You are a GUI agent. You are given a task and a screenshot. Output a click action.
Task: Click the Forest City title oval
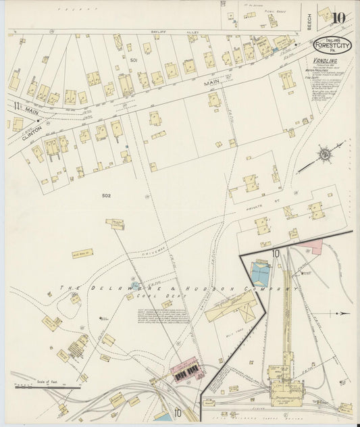332,44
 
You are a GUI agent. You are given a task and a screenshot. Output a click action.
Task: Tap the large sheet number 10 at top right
339,17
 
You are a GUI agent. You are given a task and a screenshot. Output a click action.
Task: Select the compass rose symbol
325,155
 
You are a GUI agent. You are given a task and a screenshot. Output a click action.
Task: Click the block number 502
106,196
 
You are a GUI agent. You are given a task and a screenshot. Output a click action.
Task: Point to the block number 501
134,60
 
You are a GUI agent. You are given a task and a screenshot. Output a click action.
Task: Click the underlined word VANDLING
325,60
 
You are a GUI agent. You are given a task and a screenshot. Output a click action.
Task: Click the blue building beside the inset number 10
260,272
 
